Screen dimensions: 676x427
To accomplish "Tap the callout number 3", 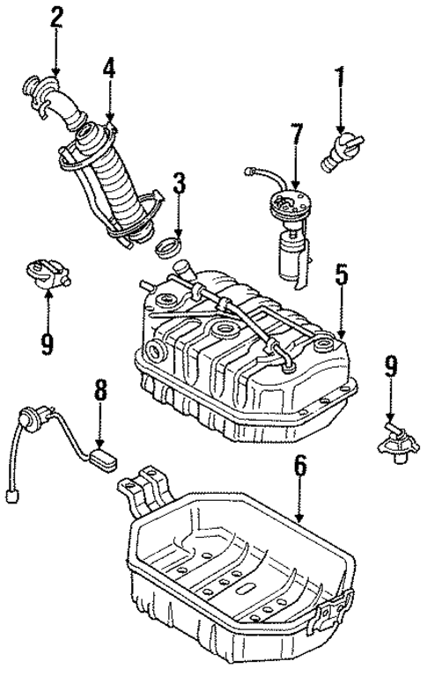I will click(x=179, y=185).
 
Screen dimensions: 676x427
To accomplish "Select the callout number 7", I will click(x=296, y=136).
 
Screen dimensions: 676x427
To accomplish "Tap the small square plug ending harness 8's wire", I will click(x=11, y=496).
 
